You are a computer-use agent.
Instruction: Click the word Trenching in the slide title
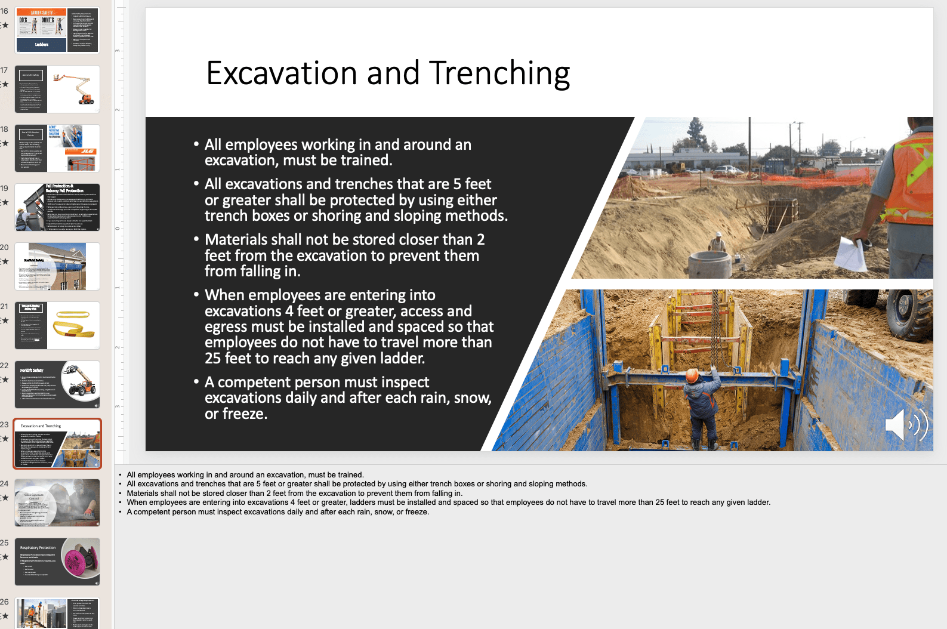tap(499, 73)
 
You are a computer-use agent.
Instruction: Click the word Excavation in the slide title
tap(281, 73)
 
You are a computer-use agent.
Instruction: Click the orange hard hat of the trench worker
tap(692, 376)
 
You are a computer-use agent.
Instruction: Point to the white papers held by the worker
tap(851, 254)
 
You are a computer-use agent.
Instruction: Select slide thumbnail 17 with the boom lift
tap(57, 90)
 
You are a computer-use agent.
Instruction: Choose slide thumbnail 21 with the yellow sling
tap(57, 325)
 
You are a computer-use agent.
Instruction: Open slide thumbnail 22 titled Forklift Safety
tap(57, 384)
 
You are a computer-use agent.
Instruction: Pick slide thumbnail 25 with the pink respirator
tap(57, 562)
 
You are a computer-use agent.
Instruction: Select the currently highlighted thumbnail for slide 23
tap(57, 443)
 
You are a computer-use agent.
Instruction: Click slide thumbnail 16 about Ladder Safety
tap(57, 30)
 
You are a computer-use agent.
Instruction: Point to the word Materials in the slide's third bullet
tap(236, 240)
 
